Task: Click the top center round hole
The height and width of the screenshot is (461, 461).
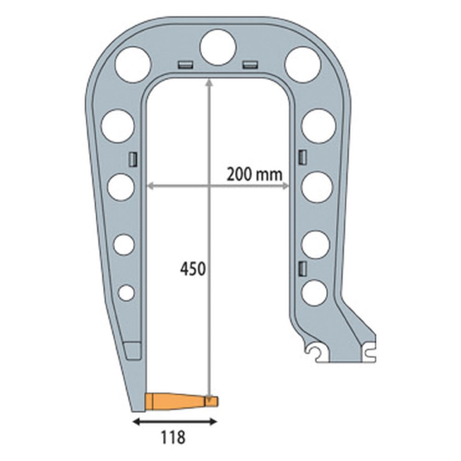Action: click(218, 47)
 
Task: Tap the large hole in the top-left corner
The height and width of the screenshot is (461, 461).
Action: click(133, 65)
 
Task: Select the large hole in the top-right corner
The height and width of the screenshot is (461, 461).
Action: click(302, 65)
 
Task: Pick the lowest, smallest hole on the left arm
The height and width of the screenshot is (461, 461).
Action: click(126, 292)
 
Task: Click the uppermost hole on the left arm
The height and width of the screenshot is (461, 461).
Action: click(118, 125)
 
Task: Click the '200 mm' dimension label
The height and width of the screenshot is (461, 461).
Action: click(254, 174)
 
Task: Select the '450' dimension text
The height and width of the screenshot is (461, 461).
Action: click(192, 268)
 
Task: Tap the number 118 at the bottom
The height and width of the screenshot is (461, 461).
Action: click(173, 437)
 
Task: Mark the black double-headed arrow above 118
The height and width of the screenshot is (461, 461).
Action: click(174, 421)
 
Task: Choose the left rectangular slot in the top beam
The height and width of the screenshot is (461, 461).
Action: click(185, 64)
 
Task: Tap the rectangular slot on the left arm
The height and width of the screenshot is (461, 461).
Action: click(132, 159)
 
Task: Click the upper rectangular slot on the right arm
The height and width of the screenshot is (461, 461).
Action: click(302, 157)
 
